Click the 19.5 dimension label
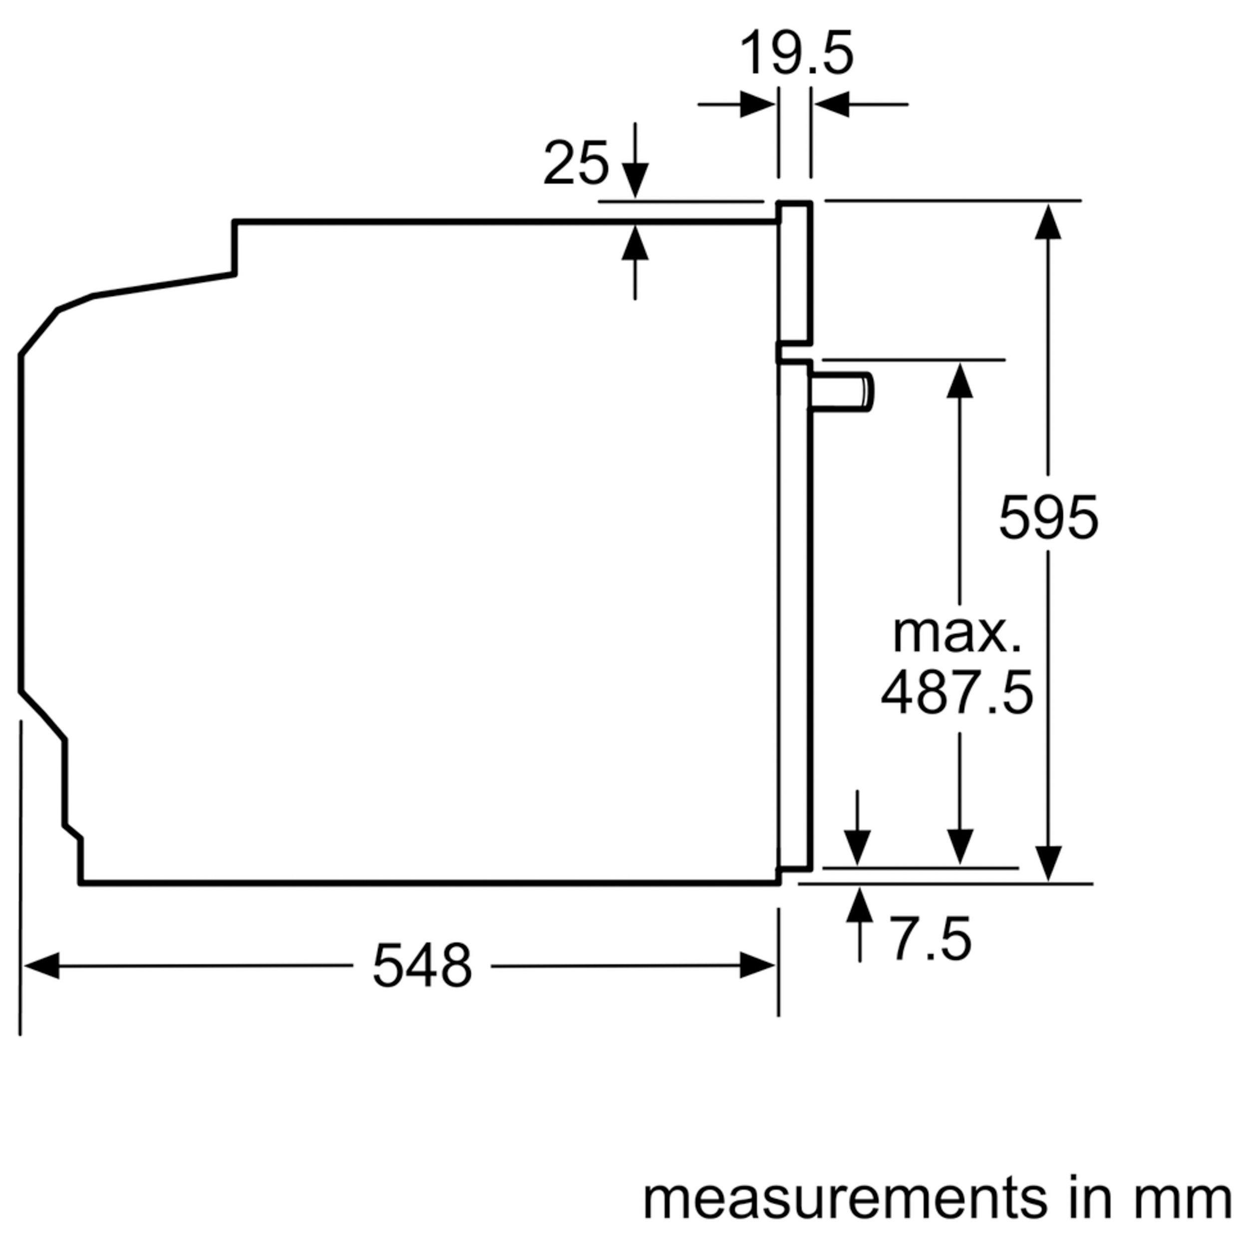[796, 54]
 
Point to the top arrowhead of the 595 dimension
[1048, 221]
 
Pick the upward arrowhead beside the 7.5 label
[860, 905]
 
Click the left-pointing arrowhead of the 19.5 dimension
[831, 104]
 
